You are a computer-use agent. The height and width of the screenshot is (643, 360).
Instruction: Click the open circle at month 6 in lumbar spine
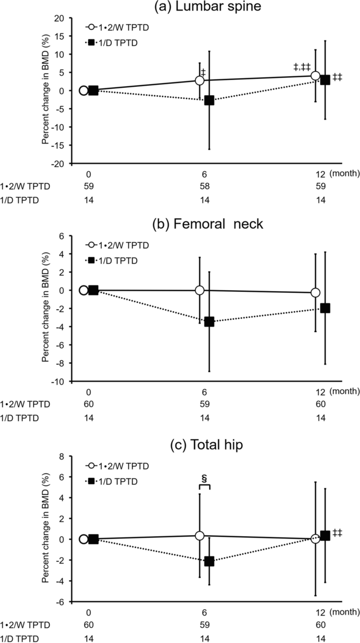point(200,80)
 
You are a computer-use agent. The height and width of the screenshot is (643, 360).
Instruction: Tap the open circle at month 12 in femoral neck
point(315,292)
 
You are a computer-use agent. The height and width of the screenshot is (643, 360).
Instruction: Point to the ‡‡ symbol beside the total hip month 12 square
point(338,533)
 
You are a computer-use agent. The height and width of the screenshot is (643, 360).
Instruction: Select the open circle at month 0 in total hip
point(84,539)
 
